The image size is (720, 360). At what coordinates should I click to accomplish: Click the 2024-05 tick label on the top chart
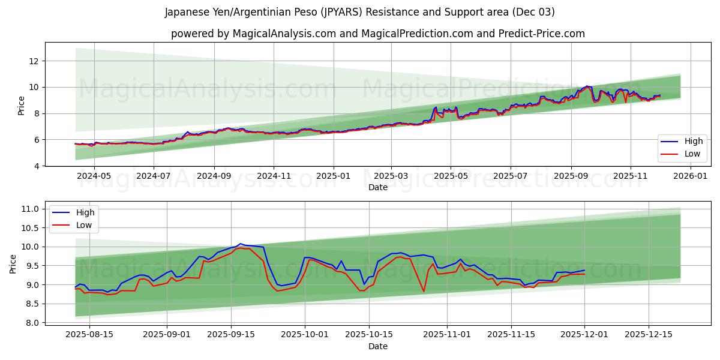pos(94,176)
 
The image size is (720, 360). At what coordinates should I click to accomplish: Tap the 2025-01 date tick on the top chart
pos(332,176)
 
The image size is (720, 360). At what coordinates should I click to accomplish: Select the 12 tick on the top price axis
pos(34,61)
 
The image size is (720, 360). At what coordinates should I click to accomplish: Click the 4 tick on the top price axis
pos(37,166)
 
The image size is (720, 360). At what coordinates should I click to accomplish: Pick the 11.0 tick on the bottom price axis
pos(29,209)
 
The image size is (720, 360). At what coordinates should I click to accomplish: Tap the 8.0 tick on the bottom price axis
pos(31,323)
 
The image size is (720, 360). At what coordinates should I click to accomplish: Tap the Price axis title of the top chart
pos(22,106)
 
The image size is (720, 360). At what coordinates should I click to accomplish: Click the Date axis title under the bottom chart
pos(378,346)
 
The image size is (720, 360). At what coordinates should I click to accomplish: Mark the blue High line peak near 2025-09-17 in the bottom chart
pos(241,244)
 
